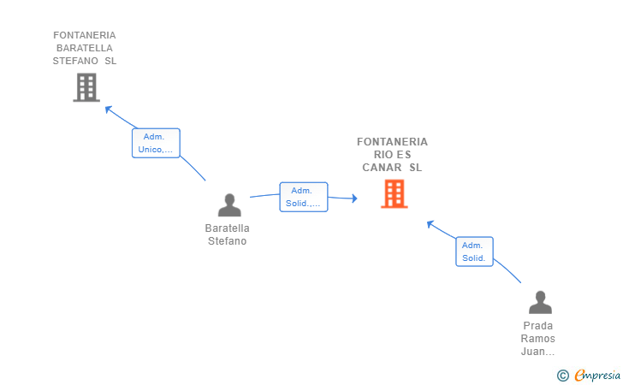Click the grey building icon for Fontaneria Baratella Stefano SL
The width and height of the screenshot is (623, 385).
pyautogui.click(x=86, y=87)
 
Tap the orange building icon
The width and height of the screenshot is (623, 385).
pyautogui.click(x=394, y=194)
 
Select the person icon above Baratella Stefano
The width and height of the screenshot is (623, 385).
pyautogui.click(x=229, y=205)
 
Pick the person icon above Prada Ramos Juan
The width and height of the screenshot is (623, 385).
pyautogui.click(x=540, y=303)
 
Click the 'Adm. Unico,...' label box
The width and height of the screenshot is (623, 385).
pyautogui.click(x=156, y=143)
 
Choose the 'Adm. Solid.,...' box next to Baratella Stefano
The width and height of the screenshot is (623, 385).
pyautogui.click(x=303, y=197)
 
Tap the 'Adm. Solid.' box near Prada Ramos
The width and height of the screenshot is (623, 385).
pyautogui.click(x=474, y=252)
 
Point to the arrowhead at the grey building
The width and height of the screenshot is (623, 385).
pyautogui.click(x=108, y=109)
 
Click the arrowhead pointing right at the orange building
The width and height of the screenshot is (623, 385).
pyautogui.click(x=353, y=199)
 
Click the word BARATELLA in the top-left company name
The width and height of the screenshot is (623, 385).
pyautogui.click(x=84, y=48)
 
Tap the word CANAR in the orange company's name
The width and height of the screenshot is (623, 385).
pyautogui.click(x=382, y=168)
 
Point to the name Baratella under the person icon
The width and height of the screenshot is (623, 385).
pyautogui.click(x=228, y=228)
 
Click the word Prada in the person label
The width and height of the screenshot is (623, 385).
pyautogui.click(x=537, y=326)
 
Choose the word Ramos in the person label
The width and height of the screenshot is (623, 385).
pyautogui.click(x=537, y=339)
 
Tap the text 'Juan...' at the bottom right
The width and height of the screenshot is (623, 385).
pyautogui.click(x=537, y=352)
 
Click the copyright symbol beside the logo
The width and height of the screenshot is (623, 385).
pyautogui.click(x=562, y=375)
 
